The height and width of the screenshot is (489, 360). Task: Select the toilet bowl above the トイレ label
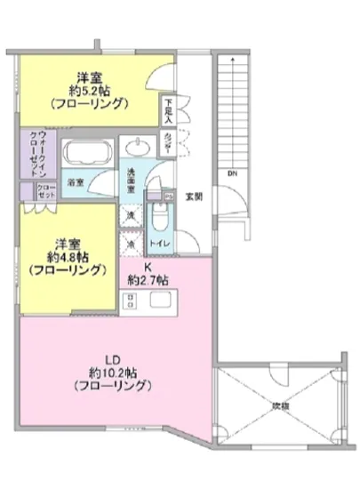pos(159,216)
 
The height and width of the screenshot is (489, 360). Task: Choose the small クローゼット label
pos(45,191)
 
